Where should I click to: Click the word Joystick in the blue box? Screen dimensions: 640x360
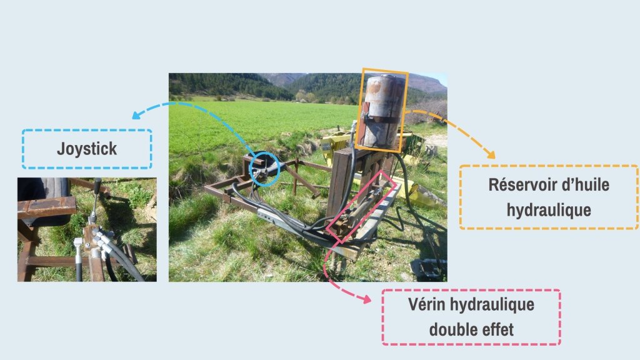point(87,149)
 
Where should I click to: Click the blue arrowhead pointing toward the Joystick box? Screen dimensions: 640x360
point(137,115)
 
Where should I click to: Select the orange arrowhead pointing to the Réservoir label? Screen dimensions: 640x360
point(491,155)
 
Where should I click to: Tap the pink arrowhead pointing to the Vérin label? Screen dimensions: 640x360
point(366,299)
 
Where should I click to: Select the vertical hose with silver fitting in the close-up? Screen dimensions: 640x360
point(78,259)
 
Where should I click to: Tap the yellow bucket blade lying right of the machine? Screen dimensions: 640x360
point(424,195)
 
